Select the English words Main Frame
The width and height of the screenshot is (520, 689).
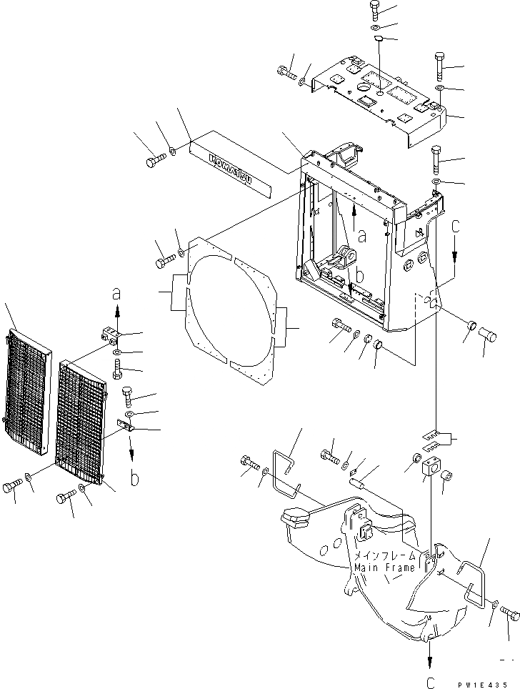pyautogui.click(x=384, y=568)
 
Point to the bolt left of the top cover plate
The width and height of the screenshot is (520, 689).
pyautogui.click(x=286, y=72)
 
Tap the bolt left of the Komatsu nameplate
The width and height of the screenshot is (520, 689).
pyautogui.click(x=155, y=162)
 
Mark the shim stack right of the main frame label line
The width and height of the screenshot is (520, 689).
pyautogui.click(x=434, y=437)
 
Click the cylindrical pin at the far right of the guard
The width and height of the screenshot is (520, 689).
pyautogui.click(x=489, y=332)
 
